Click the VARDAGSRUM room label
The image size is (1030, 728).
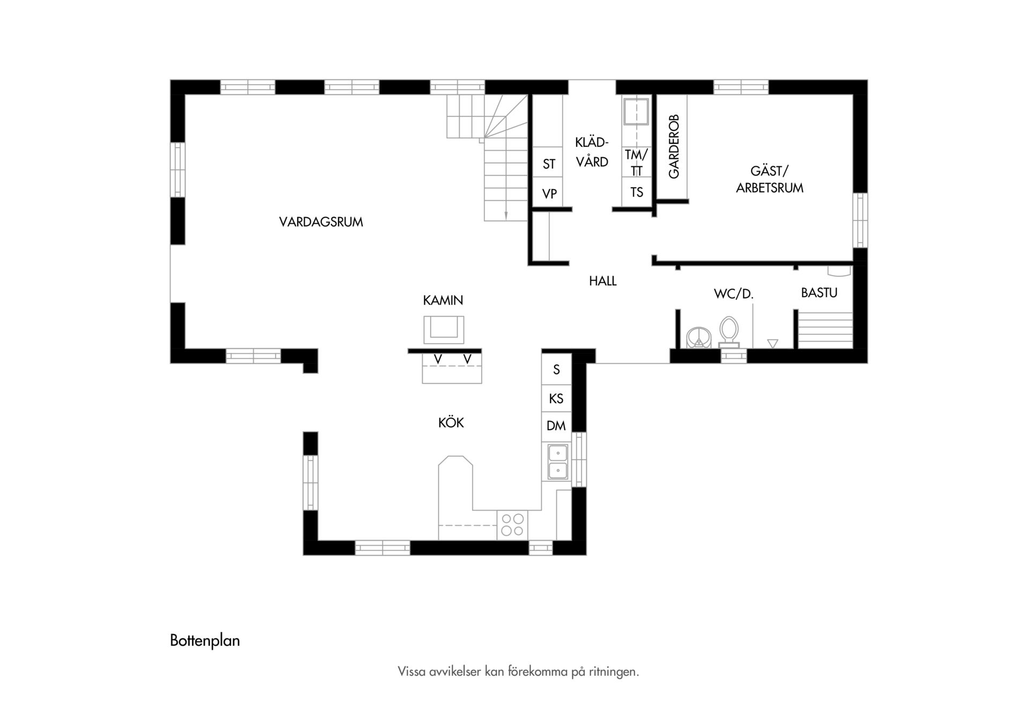pos(321,222)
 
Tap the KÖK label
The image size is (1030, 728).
pos(451,423)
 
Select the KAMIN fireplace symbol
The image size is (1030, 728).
pos(444,329)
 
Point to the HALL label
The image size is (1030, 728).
pos(602,281)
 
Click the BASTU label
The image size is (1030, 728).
pos(819,293)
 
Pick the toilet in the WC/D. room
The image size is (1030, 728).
pos(729,331)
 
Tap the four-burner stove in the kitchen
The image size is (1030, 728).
pos(512,525)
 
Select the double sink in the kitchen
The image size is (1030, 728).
pos(558,461)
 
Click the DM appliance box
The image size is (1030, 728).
pos(556,426)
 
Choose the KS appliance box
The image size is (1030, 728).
pos(556,399)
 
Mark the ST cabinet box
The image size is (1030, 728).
pos(548,163)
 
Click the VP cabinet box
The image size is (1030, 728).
pos(548,192)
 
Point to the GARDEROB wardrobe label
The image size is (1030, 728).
pos(674,146)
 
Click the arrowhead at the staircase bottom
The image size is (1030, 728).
pos(506,216)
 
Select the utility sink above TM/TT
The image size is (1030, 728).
pos(636,111)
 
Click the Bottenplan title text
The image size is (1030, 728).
pos(205,641)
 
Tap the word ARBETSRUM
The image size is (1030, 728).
pos(769,188)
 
